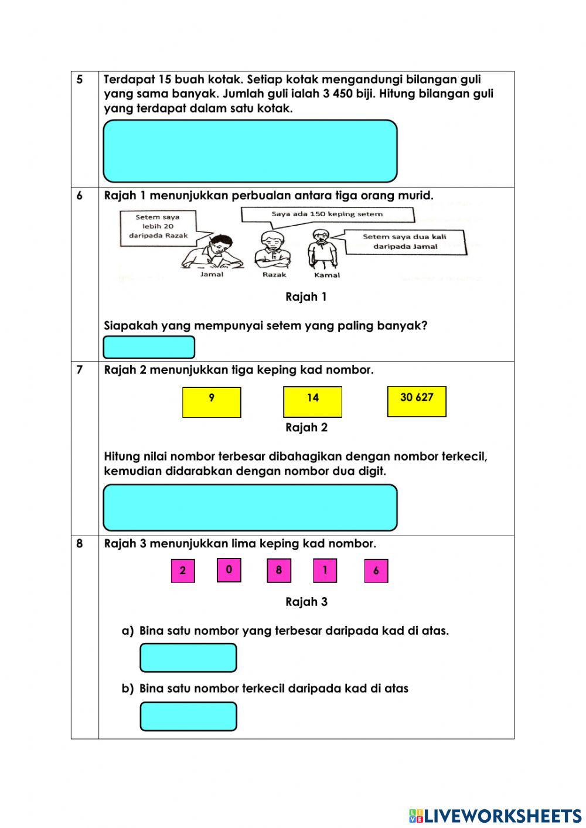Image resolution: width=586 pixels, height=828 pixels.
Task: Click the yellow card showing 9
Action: tap(212, 402)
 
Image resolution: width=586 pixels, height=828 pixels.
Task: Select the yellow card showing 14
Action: tap(312, 402)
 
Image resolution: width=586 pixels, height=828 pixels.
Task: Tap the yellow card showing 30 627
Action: tap(417, 401)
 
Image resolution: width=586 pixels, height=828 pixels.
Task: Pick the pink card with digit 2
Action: tap(183, 571)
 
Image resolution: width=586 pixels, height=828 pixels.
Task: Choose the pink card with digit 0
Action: tap(229, 570)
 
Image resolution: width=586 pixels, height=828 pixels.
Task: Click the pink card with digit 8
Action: tap(279, 571)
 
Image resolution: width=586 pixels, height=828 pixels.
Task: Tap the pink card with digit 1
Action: tap(325, 571)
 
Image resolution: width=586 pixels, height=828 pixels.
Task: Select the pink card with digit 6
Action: tap(376, 571)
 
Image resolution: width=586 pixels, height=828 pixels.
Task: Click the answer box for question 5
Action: tap(250, 151)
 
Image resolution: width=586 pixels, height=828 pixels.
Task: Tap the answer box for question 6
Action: tap(149, 347)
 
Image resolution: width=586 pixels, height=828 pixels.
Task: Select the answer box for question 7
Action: tap(250, 507)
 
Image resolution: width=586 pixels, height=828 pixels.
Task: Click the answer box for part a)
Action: tap(188, 657)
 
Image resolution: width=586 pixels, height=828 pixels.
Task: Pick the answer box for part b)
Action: tap(188, 717)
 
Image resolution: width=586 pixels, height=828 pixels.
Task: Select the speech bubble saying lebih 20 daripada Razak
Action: tap(158, 226)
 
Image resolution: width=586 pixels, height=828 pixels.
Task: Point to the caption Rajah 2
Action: tap(306, 428)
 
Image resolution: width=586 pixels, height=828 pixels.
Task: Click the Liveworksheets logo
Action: tap(495, 815)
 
